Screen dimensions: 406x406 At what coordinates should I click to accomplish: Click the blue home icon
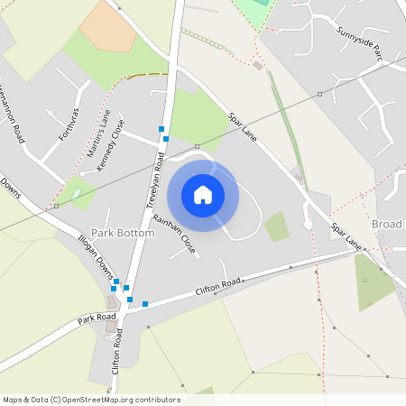[x=203, y=195]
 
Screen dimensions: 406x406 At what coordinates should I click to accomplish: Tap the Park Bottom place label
[x=122, y=233]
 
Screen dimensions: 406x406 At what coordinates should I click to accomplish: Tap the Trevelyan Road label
[x=155, y=180]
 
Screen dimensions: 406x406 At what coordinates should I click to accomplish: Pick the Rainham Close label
[x=174, y=233]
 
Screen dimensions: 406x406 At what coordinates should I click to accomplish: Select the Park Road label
[x=97, y=318]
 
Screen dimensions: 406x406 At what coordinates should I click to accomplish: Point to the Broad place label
[x=386, y=224]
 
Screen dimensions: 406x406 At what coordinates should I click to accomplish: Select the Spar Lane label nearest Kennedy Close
[x=243, y=126]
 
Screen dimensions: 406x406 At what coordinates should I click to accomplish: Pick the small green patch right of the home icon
[x=277, y=226]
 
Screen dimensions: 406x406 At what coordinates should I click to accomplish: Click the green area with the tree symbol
[x=371, y=280]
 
